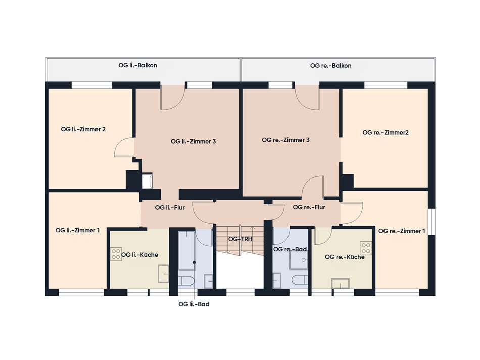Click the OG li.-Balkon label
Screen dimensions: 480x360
[137, 65]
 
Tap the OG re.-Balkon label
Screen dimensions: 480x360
[330, 66]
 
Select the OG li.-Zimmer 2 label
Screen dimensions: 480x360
[83, 129]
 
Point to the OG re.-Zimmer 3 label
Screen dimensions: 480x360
[285, 140]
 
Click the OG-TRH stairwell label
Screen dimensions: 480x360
[240, 239]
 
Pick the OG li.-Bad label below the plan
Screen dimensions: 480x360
[194, 304]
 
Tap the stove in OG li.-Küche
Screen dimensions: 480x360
[116, 254]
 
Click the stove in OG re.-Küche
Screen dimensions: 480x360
[366, 248]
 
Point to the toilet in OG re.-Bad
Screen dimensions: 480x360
[300, 280]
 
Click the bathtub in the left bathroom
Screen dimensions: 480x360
[187, 251]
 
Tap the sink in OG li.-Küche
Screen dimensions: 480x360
[163, 274]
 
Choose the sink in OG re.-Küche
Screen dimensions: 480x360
[341, 284]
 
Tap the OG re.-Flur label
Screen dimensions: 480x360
[309, 207]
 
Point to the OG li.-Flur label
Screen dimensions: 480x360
[170, 208]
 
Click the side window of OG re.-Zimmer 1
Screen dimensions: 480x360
[431, 222]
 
